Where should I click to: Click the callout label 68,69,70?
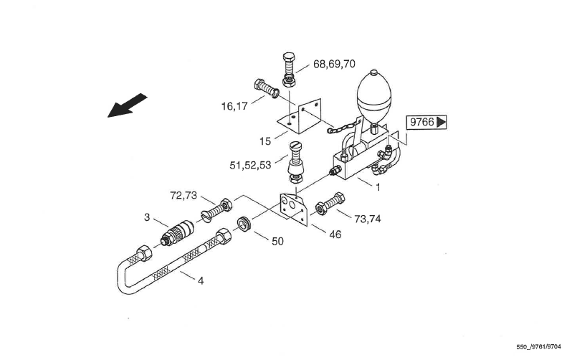point(334,64)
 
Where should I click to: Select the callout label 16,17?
point(234,107)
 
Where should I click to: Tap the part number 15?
point(265,141)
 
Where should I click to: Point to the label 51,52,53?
point(250,166)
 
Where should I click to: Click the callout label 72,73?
point(183,196)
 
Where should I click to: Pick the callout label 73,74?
point(368,219)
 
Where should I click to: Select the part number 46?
point(335,235)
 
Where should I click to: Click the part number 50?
point(277,242)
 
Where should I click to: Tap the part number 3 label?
point(147,217)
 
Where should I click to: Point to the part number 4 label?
point(201,281)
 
